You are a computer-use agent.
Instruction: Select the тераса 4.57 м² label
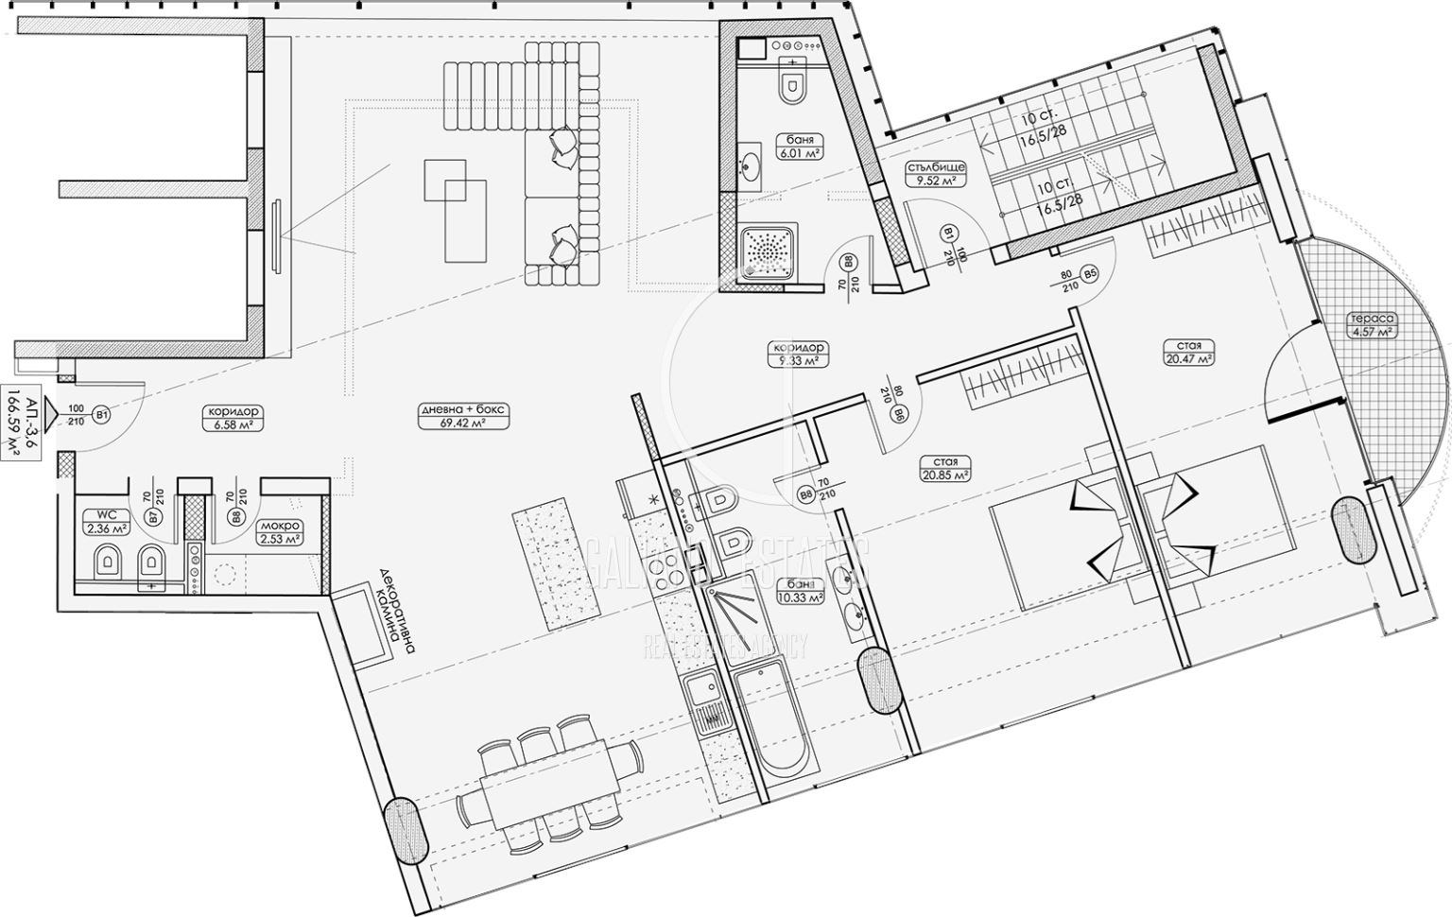click(x=1374, y=325)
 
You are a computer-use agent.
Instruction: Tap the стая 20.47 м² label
click(x=1189, y=353)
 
